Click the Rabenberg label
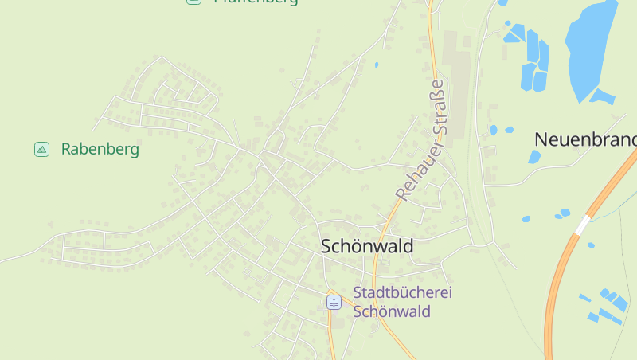100,149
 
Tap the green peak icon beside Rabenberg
41,149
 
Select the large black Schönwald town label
367,246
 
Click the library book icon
334,302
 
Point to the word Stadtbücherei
402,292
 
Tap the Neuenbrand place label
585,139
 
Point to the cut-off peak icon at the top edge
193,2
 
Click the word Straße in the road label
437,112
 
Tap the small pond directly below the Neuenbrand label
533,157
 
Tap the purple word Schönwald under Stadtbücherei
392,311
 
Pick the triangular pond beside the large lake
601,97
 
